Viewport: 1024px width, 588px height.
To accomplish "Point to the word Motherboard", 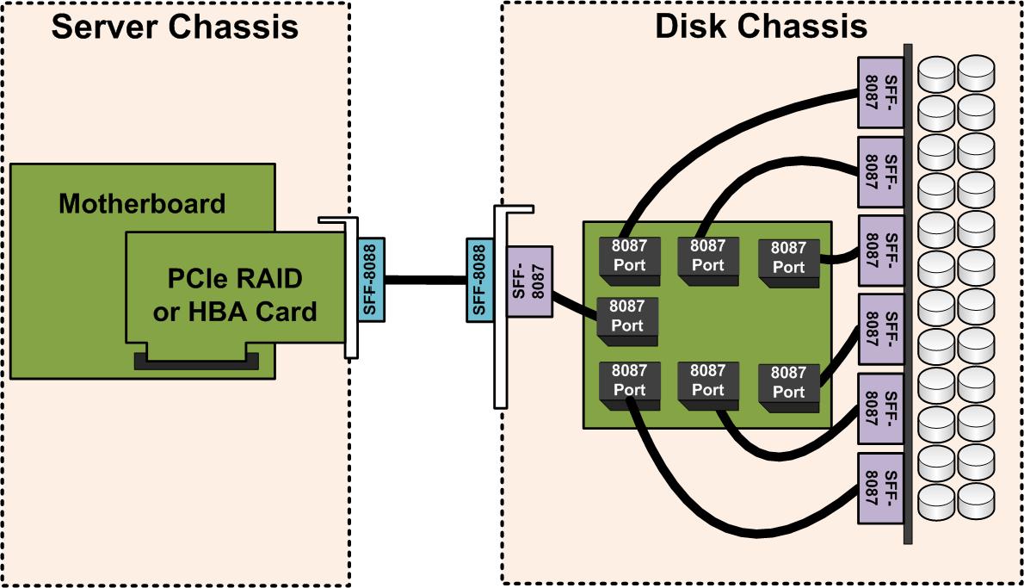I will click(142, 204).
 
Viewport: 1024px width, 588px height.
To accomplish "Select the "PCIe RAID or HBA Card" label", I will click(234, 295).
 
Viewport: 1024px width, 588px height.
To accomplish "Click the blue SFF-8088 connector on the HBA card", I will click(371, 279).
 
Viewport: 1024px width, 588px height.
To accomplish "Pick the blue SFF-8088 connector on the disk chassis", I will click(479, 279).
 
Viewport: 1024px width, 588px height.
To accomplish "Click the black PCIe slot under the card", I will click(197, 359).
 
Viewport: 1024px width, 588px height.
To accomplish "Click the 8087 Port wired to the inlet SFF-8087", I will click(627, 316).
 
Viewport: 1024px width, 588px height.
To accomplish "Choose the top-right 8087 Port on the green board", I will click(787, 257).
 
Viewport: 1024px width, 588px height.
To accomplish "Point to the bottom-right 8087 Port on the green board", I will click(787, 382).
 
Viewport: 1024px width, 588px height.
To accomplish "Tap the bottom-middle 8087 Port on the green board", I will click(707, 381).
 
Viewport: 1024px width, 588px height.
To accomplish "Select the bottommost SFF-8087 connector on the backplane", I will click(879, 488).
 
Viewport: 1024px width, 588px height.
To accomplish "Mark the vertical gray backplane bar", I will click(908, 293).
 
